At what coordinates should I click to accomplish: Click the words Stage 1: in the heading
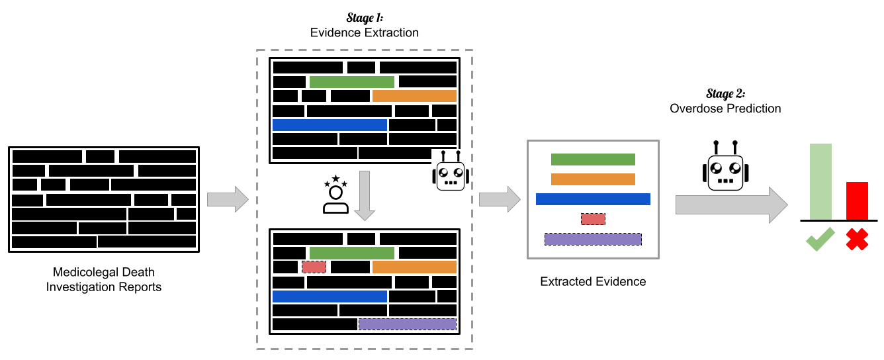click(x=365, y=18)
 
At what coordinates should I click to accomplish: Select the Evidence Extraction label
click(x=365, y=32)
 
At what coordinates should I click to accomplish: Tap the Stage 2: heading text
click(x=725, y=93)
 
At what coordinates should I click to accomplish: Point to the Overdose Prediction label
click(x=725, y=108)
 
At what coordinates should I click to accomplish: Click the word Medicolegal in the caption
click(x=81, y=272)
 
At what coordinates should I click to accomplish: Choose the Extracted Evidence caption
click(x=593, y=281)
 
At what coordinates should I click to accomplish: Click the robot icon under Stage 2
click(x=725, y=166)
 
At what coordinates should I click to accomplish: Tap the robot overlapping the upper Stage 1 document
click(x=451, y=170)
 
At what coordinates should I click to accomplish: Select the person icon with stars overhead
click(x=335, y=194)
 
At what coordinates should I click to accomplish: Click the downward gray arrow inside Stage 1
click(x=365, y=196)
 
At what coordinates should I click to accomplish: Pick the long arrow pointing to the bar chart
click(x=732, y=205)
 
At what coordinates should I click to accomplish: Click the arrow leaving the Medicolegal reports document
click(x=228, y=199)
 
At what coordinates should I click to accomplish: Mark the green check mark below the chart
click(x=820, y=239)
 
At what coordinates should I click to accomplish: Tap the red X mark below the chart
click(x=857, y=239)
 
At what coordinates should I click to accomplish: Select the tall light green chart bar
click(x=820, y=181)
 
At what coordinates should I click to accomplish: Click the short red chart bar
click(x=857, y=201)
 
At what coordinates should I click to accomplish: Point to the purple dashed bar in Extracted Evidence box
click(x=593, y=239)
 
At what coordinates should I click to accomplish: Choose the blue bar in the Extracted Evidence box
click(x=593, y=199)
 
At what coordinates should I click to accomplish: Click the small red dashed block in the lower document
click(x=314, y=267)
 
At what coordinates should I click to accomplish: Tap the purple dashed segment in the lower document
click(x=408, y=324)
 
